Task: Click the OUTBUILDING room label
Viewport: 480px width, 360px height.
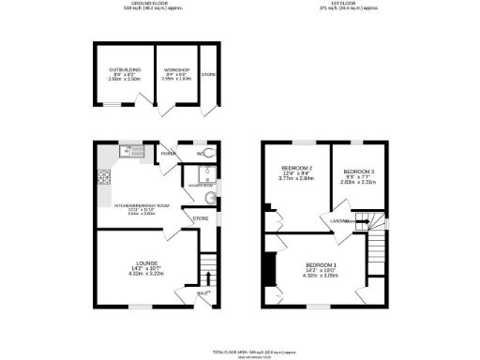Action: coord(124,70)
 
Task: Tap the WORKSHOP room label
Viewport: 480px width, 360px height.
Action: coord(176,70)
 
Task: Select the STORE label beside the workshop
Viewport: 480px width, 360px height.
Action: coord(208,74)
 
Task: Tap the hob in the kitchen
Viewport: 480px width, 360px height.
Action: coord(102,174)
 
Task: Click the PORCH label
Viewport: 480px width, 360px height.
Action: coord(170,153)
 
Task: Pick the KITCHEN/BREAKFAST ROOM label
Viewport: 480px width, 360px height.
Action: coord(142,204)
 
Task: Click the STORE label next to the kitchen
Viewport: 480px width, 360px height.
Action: coord(200,218)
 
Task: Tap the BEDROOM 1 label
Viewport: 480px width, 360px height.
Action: coord(321,265)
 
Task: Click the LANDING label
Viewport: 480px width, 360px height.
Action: coord(339,220)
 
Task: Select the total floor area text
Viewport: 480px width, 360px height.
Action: coord(240,345)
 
